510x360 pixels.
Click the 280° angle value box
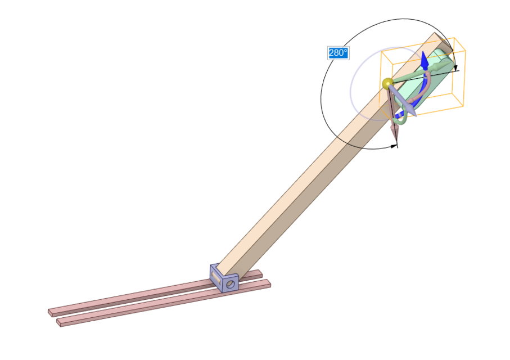pyautogui.click(x=339, y=53)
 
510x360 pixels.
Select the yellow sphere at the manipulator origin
pyautogui.click(x=387, y=84)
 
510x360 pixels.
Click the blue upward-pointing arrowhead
pyautogui.click(x=425, y=59)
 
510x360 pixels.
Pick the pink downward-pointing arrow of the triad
pyautogui.click(x=395, y=130)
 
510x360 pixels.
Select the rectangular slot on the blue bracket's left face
pyautogui.click(x=216, y=276)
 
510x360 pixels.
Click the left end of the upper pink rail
pyautogui.click(x=51, y=312)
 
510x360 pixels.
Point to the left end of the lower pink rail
pyautogui.click(x=60, y=323)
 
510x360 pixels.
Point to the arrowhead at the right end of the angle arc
pyautogui.click(x=455, y=68)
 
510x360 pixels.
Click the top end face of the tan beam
pyautogui.click(x=441, y=41)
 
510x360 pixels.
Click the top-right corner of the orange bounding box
pyautogui.click(x=454, y=39)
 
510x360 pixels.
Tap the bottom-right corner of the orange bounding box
pyautogui.click(x=464, y=105)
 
